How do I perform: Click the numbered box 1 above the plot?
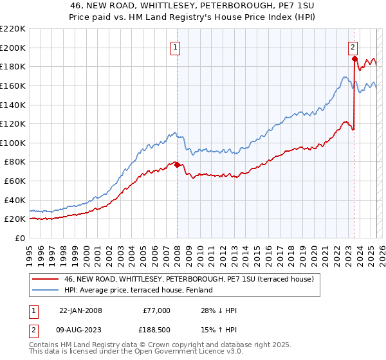175,46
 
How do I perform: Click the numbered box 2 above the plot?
353,46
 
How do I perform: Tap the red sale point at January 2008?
177,165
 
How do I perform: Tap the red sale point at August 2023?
354,59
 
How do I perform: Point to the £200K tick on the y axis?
14,48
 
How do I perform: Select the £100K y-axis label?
14,143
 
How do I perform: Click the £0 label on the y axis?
19,238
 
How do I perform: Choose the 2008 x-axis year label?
178,252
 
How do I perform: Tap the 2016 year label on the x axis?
268,252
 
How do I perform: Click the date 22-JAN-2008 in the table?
80,310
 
